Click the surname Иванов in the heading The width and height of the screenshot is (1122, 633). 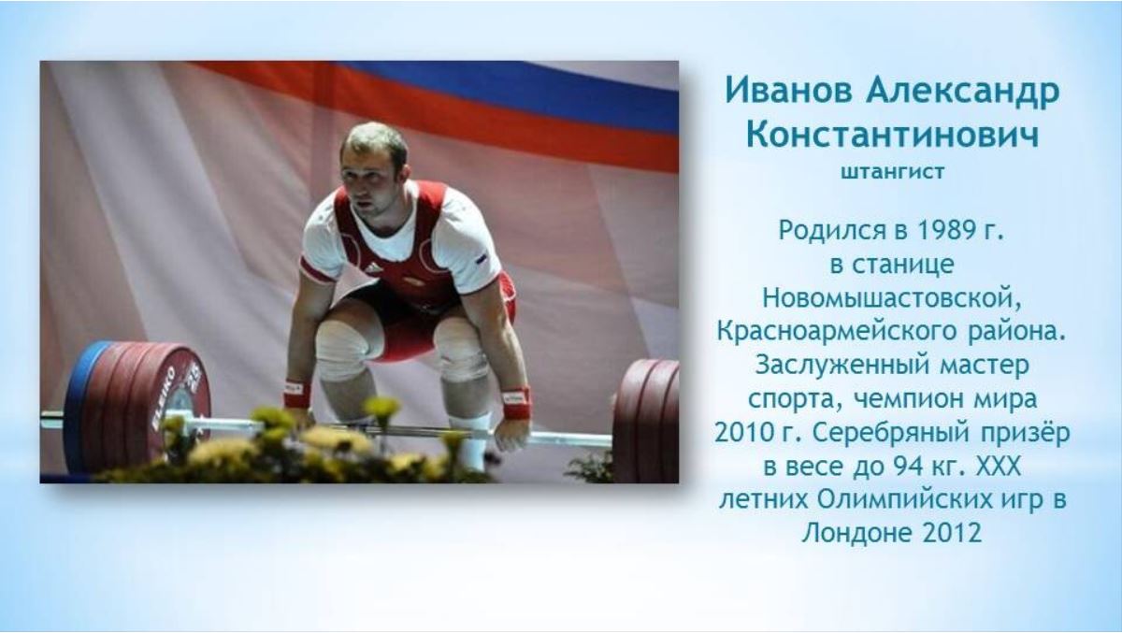[788, 91]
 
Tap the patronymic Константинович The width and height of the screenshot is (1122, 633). [892, 135]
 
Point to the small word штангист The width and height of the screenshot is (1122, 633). [893, 172]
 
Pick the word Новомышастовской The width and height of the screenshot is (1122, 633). [892, 299]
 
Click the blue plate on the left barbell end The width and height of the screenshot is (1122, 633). [80, 406]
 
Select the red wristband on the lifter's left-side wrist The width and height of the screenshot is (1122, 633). [296, 395]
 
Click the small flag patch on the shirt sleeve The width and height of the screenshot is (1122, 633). [482, 259]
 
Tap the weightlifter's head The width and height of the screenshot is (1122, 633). [373, 165]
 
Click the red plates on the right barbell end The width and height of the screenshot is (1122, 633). [646, 421]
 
